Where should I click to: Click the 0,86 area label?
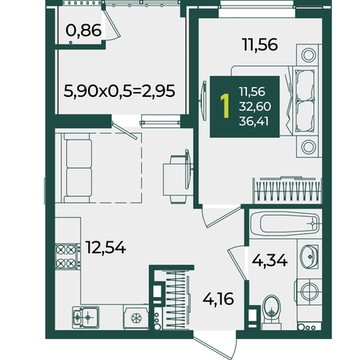pyautogui.click(x=83, y=31)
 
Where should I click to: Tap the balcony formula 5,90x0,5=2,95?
pyautogui.click(x=119, y=90)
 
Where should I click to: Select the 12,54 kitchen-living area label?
pyautogui.click(x=106, y=247)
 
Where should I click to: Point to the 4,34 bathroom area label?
pyautogui.click(x=270, y=260)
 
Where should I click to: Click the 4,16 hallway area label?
pyautogui.click(x=218, y=299)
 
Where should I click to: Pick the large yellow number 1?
pyautogui.click(x=225, y=106)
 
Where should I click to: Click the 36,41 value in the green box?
pyautogui.click(x=253, y=122)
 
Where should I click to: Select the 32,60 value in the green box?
pyautogui.click(x=255, y=107)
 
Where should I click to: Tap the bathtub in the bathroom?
pyautogui.click(x=286, y=224)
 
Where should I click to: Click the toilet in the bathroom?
pyautogui.click(x=271, y=312)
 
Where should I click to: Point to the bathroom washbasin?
pyautogui.click(x=309, y=257)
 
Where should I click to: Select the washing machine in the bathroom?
pyautogui.click(x=308, y=291)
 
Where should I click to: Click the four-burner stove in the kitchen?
pyautogui.click(x=68, y=257)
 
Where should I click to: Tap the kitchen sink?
pyautogui.click(x=86, y=317)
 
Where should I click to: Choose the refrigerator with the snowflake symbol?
pyautogui.click(x=136, y=317)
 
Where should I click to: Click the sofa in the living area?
pyautogui.click(x=77, y=168)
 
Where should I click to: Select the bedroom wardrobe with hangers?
pyautogui.click(x=287, y=190)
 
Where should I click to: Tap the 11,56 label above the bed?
pyautogui.click(x=260, y=44)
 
